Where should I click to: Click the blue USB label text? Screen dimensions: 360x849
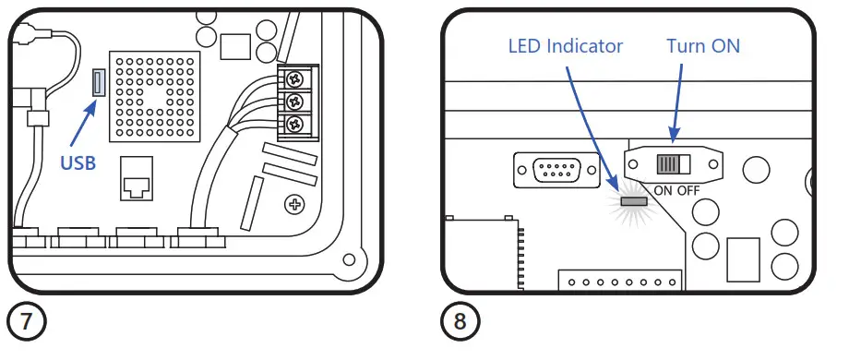(x=80, y=163)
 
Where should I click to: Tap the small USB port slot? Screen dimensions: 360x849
(x=95, y=84)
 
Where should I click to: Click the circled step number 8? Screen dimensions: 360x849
(x=459, y=323)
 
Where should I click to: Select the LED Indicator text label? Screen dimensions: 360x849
(x=566, y=46)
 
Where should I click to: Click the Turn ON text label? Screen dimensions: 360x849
(x=703, y=46)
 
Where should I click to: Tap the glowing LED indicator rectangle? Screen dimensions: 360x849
(x=633, y=199)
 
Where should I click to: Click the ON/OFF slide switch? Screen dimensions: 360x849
(x=671, y=164)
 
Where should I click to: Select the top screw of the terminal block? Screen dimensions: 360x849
(x=295, y=78)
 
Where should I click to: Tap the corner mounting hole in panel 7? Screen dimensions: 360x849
(x=348, y=260)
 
